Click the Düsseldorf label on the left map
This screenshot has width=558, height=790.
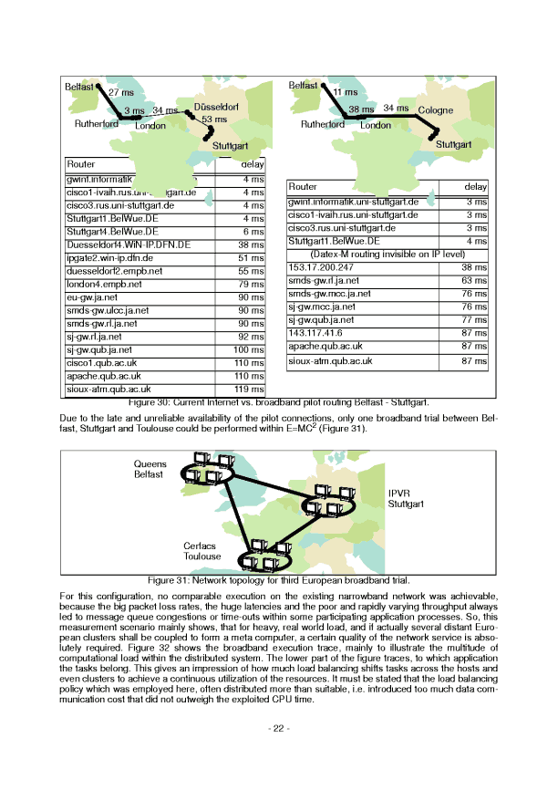216,108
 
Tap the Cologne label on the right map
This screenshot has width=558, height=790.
435,110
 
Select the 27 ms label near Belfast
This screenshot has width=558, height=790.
120,92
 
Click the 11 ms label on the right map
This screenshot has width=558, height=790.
345,92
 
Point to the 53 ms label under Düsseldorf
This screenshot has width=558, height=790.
214,120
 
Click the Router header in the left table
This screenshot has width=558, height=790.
81,165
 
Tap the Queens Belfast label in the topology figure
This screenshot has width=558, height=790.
150,469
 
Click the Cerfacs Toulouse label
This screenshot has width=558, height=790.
201,550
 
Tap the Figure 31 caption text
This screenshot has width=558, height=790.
279,579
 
